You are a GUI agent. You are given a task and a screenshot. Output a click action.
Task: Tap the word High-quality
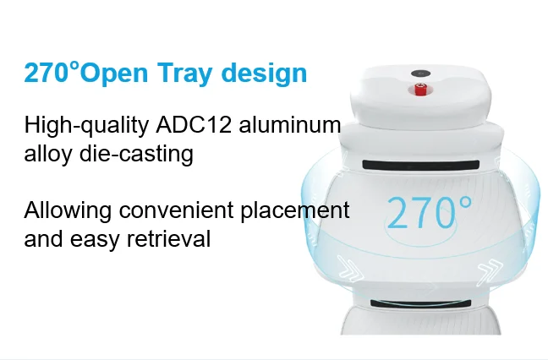[x=87, y=127]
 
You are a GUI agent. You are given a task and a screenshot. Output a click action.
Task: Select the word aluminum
[x=289, y=126]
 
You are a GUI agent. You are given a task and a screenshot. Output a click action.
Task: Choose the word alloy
[x=46, y=155]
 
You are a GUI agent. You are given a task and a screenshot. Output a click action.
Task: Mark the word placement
[x=297, y=210]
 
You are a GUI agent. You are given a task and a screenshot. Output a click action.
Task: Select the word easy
[x=96, y=240]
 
